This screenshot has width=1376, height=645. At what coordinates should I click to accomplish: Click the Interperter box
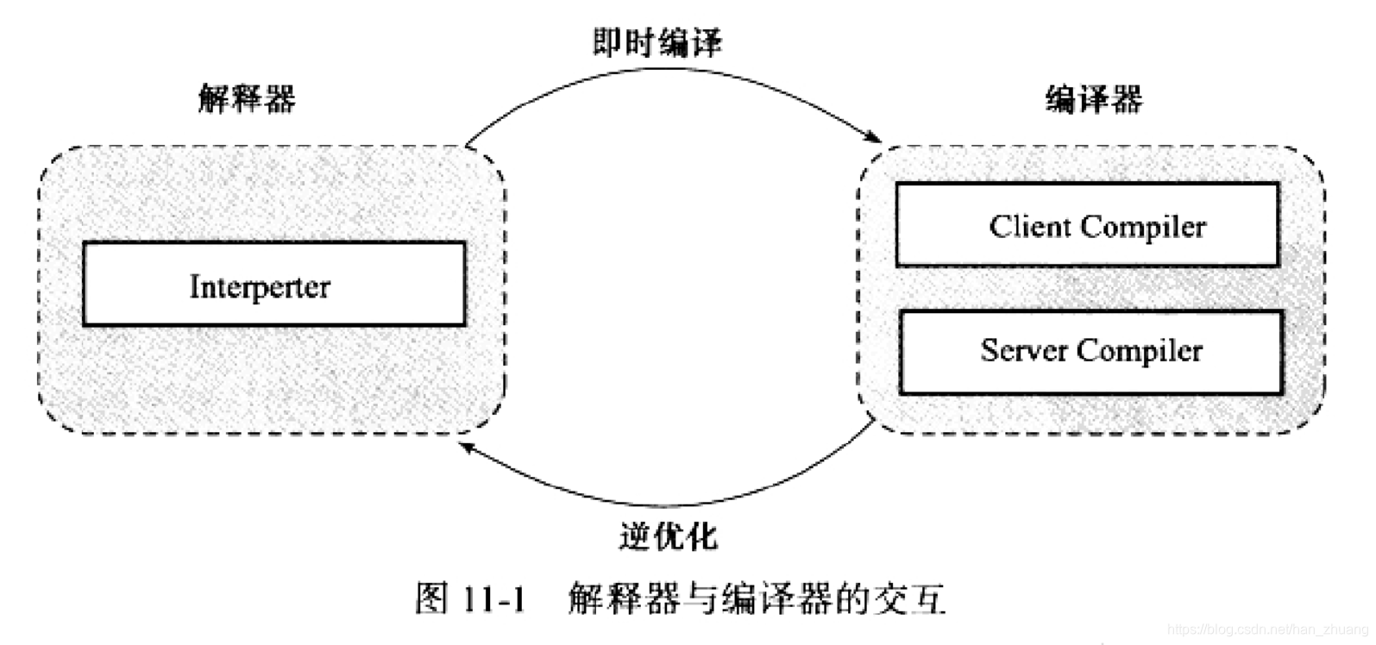click(x=273, y=284)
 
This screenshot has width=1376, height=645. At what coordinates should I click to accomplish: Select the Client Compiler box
click(x=1087, y=224)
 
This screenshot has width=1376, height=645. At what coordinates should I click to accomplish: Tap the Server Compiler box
click(x=1091, y=352)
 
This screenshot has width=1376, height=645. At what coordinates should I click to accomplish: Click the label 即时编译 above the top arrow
click(x=657, y=42)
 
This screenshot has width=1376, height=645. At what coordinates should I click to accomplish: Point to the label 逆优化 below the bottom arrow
click(x=668, y=536)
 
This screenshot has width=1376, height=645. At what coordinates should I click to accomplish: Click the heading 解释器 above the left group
click(x=247, y=98)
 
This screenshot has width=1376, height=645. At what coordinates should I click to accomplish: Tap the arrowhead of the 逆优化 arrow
click(x=467, y=447)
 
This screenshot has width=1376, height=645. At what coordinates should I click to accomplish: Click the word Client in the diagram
click(x=1028, y=227)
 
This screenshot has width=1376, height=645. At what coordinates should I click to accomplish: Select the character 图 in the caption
click(x=432, y=598)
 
